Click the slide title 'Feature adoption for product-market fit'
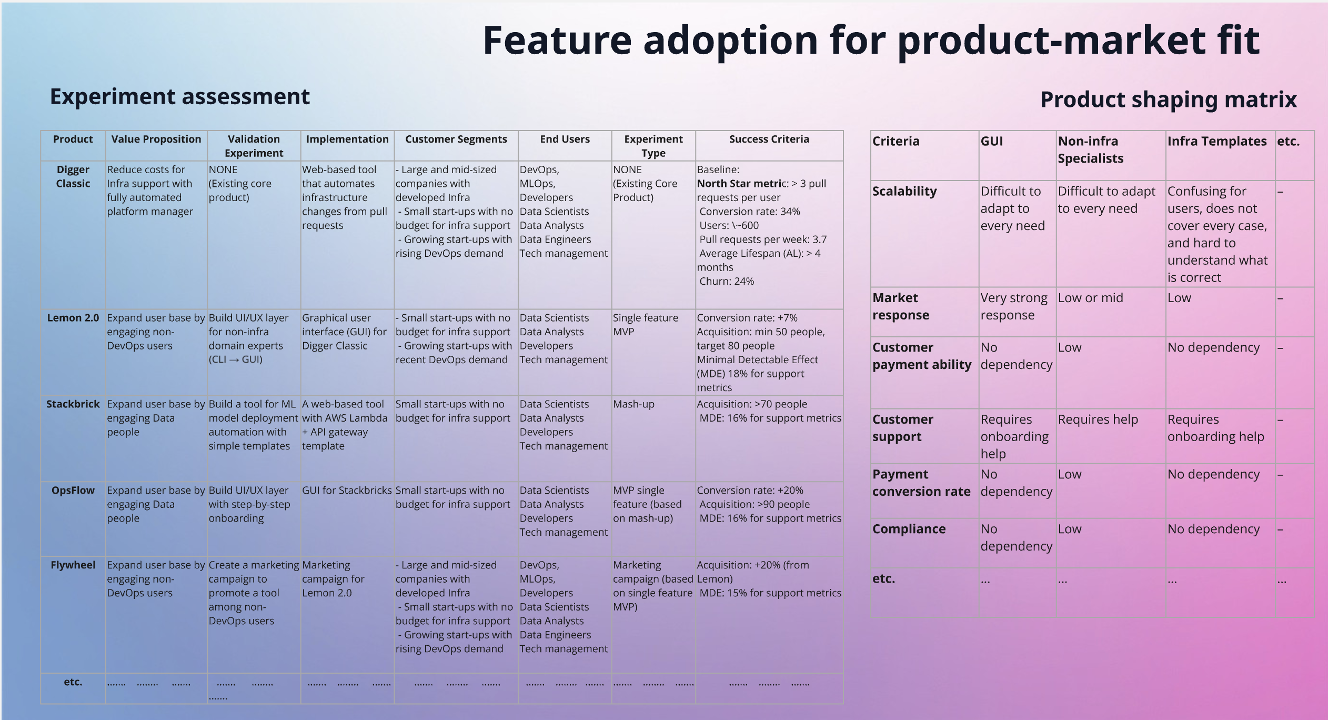871,41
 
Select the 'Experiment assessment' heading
180,97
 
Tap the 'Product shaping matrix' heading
1168,99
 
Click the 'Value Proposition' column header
156,139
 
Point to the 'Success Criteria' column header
769,139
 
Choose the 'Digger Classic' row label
73,176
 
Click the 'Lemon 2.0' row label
73,318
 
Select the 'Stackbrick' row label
73,404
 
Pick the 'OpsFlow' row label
73,491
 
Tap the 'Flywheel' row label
73,565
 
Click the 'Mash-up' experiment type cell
633,404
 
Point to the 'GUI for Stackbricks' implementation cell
347,491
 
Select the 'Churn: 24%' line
726,282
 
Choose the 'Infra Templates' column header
1216,141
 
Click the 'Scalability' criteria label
904,192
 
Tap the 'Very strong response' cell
1013,306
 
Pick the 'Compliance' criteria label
909,529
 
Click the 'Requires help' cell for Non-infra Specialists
1098,420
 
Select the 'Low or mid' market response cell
1090,298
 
